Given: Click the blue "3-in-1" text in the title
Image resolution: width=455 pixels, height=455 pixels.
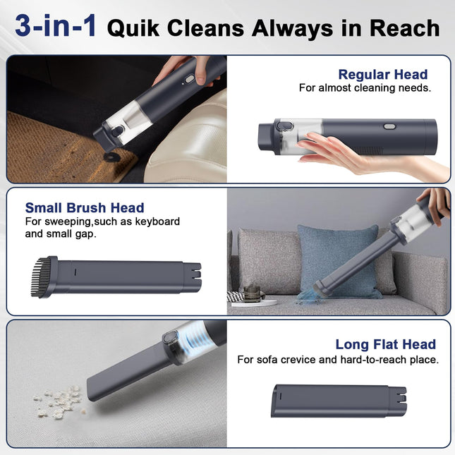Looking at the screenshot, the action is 56,26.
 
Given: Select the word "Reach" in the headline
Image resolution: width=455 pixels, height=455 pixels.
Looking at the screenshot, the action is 404,28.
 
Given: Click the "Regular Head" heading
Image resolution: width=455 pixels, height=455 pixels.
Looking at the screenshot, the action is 383,75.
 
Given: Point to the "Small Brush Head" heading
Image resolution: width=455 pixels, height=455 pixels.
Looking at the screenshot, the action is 85,208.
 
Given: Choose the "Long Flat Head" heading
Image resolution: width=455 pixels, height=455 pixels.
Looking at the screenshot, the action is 386,344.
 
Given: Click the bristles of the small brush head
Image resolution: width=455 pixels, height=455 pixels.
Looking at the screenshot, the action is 40,277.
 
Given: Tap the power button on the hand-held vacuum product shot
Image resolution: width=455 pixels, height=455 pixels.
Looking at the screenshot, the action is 389,126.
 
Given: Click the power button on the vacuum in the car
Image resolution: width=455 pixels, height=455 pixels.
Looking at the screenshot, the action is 190,79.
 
